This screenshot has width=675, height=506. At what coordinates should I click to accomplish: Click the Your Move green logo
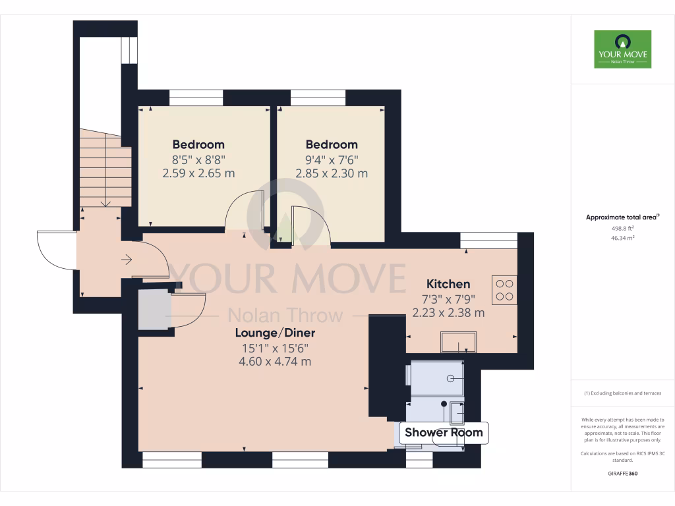point(622,49)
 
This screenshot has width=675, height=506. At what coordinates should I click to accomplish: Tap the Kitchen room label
point(448,284)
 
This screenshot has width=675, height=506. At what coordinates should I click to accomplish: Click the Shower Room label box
point(443,433)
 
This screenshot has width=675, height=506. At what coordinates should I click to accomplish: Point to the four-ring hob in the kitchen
point(504,291)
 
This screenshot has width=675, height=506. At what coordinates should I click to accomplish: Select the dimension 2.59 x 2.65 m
point(198,174)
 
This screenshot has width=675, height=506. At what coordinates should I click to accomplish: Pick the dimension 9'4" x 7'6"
point(331,159)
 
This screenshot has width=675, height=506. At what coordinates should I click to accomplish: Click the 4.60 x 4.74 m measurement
point(274,362)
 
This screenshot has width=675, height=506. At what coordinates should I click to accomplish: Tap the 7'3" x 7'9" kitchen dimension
point(448,299)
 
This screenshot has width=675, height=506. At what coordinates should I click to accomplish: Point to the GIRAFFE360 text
point(622,474)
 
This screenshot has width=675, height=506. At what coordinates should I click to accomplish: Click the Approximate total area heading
point(622,217)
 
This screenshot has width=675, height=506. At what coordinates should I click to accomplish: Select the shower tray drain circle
point(451,378)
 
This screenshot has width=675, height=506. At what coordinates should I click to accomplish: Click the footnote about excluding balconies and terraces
point(622,393)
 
